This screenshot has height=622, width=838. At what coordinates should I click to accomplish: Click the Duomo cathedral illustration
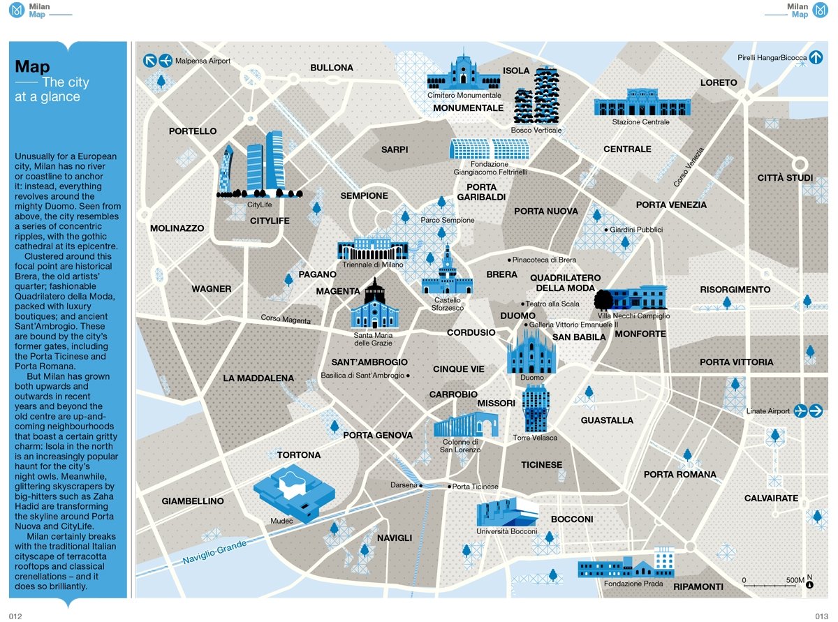click(531, 350)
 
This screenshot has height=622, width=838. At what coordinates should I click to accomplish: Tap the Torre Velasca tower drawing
click(536, 408)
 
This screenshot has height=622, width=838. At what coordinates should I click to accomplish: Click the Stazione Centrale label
click(640, 122)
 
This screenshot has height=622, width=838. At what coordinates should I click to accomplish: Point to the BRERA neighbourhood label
click(501, 274)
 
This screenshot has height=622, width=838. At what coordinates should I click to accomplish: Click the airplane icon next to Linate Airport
click(800, 410)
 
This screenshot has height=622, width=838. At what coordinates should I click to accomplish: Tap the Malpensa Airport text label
click(203, 61)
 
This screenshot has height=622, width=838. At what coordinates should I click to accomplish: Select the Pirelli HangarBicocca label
click(772, 58)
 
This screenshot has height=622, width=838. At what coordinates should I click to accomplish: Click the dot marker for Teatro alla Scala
click(522, 304)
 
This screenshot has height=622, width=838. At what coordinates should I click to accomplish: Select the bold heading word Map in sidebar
click(32, 66)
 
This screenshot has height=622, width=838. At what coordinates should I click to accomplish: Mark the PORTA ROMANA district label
click(679, 475)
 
